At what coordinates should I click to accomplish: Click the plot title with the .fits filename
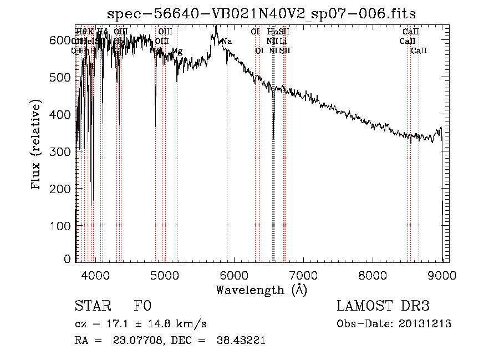pyautogui.click(x=262, y=13)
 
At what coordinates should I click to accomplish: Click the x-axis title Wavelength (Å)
pyautogui.click(x=261, y=290)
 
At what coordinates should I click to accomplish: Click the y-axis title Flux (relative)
pyautogui.click(x=37, y=146)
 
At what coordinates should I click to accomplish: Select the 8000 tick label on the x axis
pyautogui.click(x=373, y=275)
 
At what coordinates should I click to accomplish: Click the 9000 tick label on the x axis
pyautogui.click(x=442, y=275)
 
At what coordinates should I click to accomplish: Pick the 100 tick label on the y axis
pyautogui.click(x=63, y=226)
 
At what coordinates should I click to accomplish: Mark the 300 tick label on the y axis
pyautogui.click(x=63, y=151)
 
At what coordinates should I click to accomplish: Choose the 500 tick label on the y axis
pyautogui.click(x=63, y=77)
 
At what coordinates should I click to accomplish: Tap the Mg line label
pyautogui.click(x=177, y=51)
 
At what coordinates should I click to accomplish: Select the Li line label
pyautogui.click(x=283, y=42)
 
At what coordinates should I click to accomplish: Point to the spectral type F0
pyautogui.click(x=142, y=307)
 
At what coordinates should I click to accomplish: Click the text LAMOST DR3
pyautogui.click(x=383, y=307)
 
